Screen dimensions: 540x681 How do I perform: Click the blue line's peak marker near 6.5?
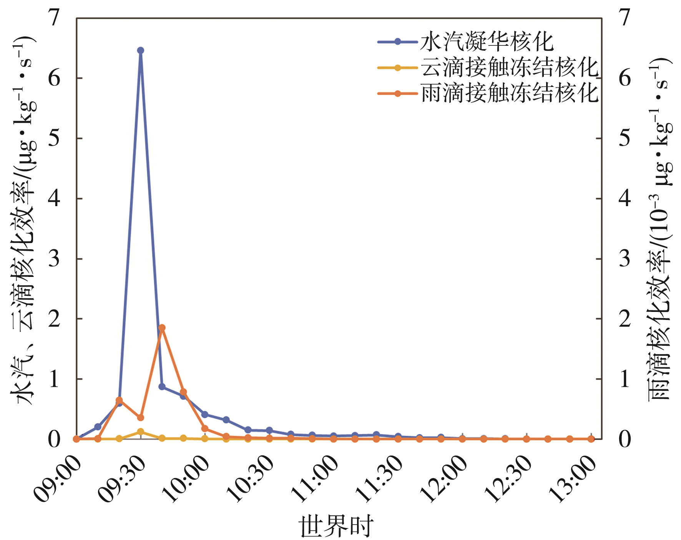tap(141, 50)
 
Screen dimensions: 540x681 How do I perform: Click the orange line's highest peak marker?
tap(162, 328)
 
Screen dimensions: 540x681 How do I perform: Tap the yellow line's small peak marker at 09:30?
tap(141, 432)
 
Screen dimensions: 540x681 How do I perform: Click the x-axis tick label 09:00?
tap(58, 479)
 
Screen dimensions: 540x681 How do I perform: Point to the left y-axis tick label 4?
tap(54, 198)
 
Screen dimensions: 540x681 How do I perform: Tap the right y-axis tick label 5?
tap(625, 138)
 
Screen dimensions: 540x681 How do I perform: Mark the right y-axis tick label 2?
tap(625, 319)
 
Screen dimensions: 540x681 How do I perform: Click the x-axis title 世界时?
tap(336, 526)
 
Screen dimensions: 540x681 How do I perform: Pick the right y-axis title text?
tap(659, 229)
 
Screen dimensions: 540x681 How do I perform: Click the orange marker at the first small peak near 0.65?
tap(119, 400)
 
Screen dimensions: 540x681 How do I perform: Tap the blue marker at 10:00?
tap(205, 414)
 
